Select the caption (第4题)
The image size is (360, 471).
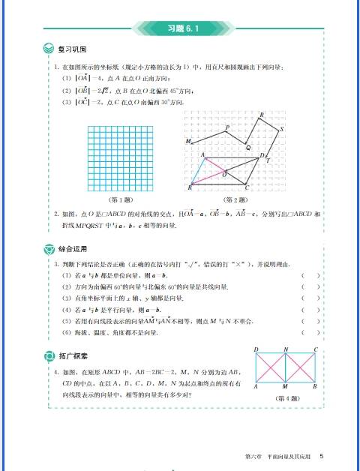[x=287, y=398]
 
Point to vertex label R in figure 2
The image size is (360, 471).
[x=261, y=114]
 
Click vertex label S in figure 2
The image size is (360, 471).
[x=281, y=130]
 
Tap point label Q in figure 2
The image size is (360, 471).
[x=248, y=148]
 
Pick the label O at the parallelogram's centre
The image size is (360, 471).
[x=224, y=175]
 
